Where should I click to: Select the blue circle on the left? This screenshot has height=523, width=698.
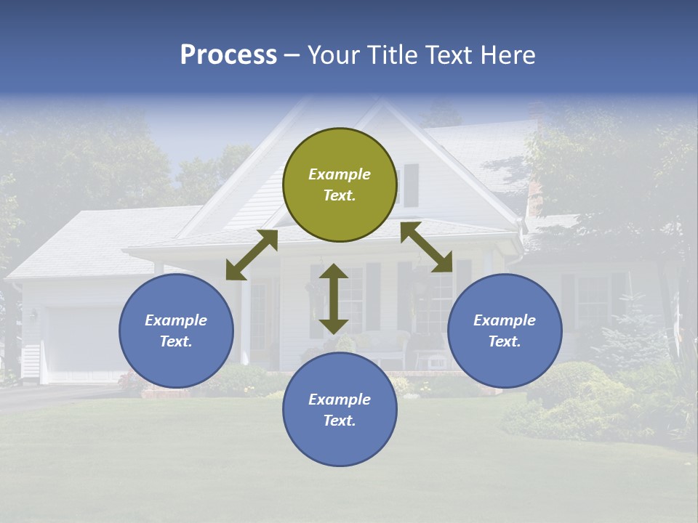click(176, 331)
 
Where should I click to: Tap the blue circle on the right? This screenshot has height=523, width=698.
click(505, 331)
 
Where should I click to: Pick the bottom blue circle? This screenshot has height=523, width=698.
click(340, 410)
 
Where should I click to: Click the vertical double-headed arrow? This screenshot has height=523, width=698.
click(334, 299)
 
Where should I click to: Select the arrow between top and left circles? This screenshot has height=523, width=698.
click(252, 255)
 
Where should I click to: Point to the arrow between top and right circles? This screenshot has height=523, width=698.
click(426, 247)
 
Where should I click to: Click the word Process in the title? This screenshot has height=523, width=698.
click(228, 55)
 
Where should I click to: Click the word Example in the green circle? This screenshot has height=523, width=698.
click(340, 174)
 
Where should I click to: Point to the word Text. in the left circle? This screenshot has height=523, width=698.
click(176, 341)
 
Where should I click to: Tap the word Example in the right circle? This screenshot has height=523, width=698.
click(505, 320)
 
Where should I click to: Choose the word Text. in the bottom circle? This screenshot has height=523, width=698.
click(340, 421)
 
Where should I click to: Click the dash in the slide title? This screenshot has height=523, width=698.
click(292, 55)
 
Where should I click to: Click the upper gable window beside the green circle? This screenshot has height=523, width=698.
click(411, 185)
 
